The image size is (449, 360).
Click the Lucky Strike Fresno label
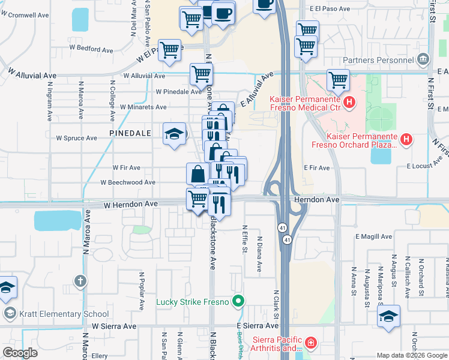click(x=193, y=301)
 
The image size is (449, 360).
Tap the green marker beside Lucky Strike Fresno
click(x=239, y=301)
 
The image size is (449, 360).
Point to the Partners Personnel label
click(x=379, y=60)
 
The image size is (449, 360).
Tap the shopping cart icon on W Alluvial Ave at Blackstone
click(x=201, y=74)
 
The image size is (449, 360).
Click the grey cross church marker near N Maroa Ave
click(x=80, y=280)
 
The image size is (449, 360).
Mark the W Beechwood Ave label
click(x=128, y=182)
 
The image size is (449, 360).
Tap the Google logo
click(x=20, y=353)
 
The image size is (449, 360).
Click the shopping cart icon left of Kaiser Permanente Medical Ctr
click(x=338, y=80)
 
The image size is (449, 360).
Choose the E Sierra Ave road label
click(x=259, y=325)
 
